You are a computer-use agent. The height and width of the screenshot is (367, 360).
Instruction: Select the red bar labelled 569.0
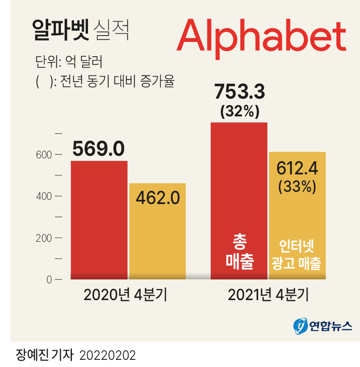pos(99,220)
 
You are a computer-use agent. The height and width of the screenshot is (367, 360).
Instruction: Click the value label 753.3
pos(239,92)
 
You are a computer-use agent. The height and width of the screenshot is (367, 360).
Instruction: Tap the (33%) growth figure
pos(297,186)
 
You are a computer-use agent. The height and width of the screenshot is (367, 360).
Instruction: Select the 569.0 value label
pos(99,149)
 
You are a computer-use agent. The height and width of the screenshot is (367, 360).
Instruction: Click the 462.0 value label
pos(158,197)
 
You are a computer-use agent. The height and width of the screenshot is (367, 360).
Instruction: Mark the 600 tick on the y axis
pos(44,155)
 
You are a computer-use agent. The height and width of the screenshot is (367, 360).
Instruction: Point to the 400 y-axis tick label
pos(44,196)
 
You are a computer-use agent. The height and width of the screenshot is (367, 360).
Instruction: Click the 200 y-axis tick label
pos(44,238)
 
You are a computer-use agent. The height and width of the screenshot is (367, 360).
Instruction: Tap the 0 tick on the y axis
pos(49,279)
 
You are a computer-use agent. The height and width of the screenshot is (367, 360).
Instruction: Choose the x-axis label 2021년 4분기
pos(268,295)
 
